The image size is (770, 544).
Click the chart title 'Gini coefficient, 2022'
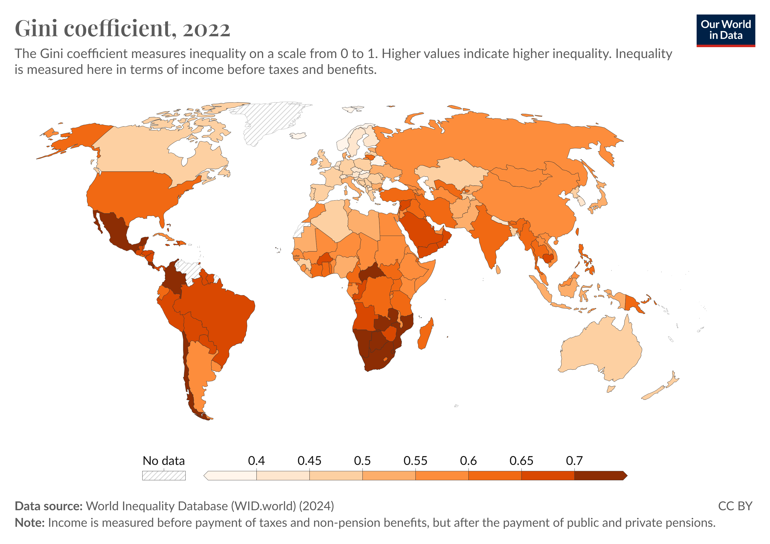(x=123, y=29)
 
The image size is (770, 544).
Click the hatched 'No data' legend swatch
(x=164, y=476)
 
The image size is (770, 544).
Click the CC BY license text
(x=735, y=506)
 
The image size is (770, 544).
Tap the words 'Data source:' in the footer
(x=49, y=506)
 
